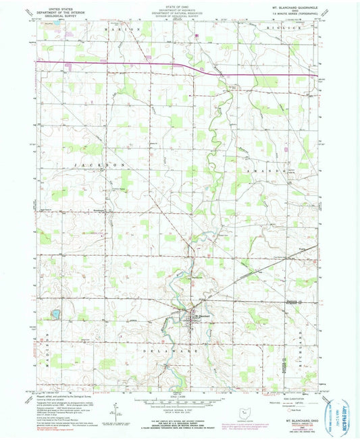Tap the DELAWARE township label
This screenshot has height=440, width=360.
pyautogui.click(x=166, y=352)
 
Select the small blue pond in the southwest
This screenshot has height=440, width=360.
pyautogui.click(x=55, y=315)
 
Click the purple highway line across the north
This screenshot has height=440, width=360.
pyautogui.click(x=122, y=65)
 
